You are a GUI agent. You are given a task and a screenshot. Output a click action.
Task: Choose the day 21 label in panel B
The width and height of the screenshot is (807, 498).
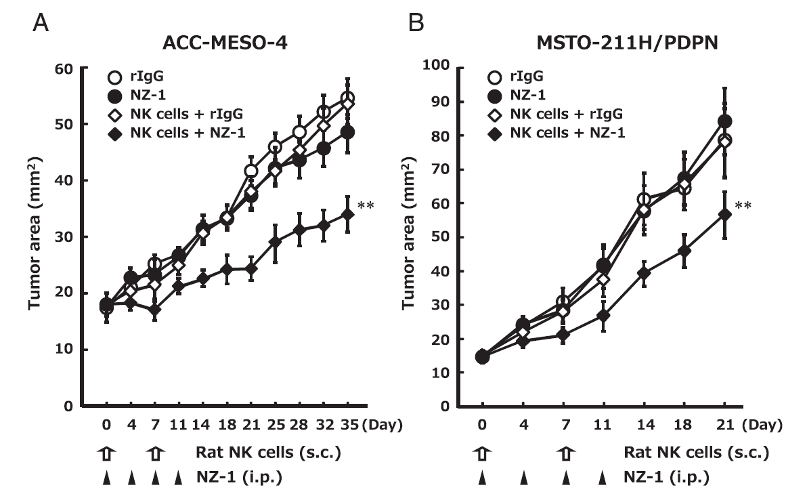724,426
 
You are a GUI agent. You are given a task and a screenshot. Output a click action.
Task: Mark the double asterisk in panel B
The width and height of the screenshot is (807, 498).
743,203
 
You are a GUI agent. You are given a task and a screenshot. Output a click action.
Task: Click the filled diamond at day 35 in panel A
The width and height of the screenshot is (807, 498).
348,214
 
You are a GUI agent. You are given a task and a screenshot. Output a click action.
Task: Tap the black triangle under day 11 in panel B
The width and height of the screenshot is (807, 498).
602,479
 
